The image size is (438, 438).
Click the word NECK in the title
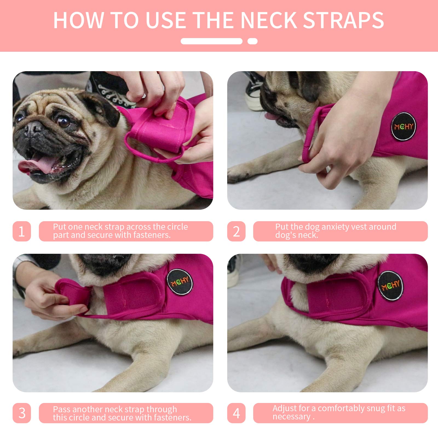[269, 21]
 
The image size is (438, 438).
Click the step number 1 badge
[22, 231]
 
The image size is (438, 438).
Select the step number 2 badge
[236, 231]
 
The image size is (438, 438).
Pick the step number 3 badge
[22, 413]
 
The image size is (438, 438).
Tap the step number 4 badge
[236, 413]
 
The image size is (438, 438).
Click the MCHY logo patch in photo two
[404, 126]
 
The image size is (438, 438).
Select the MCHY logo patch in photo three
[180, 282]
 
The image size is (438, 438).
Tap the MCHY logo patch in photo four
[391, 286]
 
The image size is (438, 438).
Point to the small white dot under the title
[252, 41]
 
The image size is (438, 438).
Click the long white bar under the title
[211, 41]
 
